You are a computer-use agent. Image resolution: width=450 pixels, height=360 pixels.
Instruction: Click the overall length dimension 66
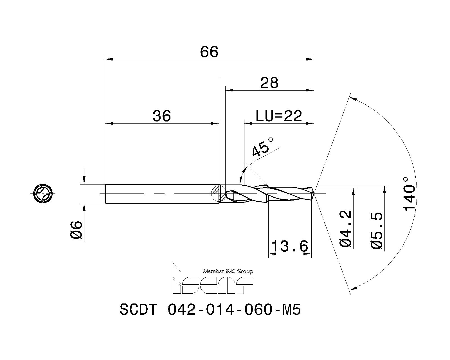pyautogui.click(x=209, y=52)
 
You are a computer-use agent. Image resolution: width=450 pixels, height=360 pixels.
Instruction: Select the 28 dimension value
pyautogui.click(x=269, y=83)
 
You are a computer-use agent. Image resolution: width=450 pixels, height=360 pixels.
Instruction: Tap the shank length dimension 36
pyautogui.click(x=162, y=116)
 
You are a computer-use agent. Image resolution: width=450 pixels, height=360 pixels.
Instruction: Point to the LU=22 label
pyautogui.click(x=278, y=116)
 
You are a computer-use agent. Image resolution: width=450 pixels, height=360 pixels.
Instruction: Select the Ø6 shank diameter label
pyautogui.click(x=76, y=230)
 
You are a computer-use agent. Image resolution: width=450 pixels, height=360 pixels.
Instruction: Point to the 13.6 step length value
pyautogui.click(x=290, y=247)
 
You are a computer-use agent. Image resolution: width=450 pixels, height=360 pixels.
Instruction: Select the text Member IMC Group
pyautogui.click(x=228, y=271)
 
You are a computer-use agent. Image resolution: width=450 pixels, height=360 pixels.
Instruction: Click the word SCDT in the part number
pyautogui.click(x=138, y=310)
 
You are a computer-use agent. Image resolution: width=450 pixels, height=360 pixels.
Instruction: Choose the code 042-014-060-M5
pyautogui.click(x=234, y=310)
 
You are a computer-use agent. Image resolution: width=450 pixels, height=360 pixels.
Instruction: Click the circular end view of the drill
pyautogui.click(x=43, y=193)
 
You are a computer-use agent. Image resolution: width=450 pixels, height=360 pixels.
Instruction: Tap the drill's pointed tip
pyautogui.click(x=314, y=193)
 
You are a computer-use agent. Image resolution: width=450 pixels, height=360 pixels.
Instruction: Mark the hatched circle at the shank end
pyautogui.click(x=219, y=193)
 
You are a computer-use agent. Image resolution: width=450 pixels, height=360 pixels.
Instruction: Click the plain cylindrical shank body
pyautogui.click(x=160, y=193)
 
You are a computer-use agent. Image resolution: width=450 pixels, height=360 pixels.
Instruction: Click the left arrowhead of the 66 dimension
pyautogui.click(x=109, y=59)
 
